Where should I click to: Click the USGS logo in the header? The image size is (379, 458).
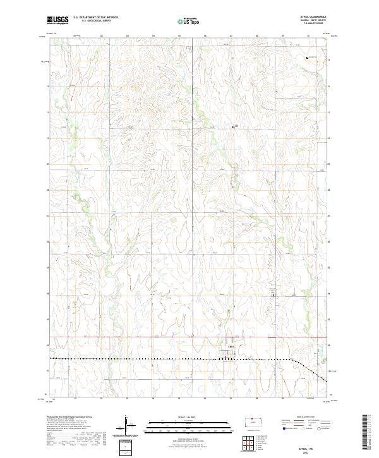[57, 20]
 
